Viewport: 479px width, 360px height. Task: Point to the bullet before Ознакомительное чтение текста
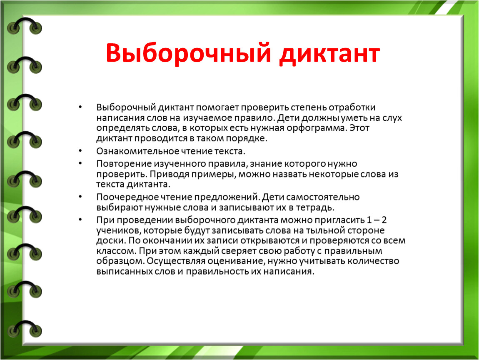coord(80,151)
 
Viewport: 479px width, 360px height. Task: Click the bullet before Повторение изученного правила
coord(80,163)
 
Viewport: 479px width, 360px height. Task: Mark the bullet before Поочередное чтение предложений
coord(80,197)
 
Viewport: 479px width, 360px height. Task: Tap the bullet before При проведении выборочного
coord(80,220)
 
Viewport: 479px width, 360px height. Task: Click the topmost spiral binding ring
coord(25,26)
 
